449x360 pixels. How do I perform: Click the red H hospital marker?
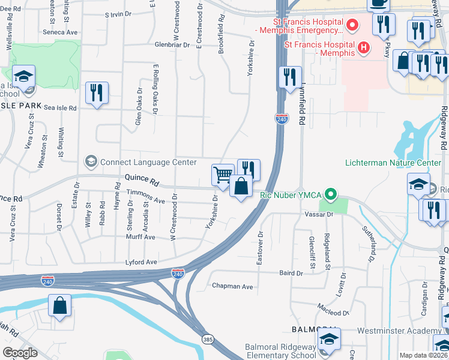363,47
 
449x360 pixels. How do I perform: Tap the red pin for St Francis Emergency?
352,26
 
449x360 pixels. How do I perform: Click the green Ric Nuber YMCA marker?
330,194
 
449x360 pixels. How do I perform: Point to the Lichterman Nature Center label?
393,163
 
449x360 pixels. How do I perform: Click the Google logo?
20,353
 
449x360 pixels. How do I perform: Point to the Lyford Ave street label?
141,262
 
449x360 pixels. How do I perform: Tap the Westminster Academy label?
399,331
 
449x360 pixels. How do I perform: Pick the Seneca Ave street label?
60,32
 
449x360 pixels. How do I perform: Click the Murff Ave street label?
140,238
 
